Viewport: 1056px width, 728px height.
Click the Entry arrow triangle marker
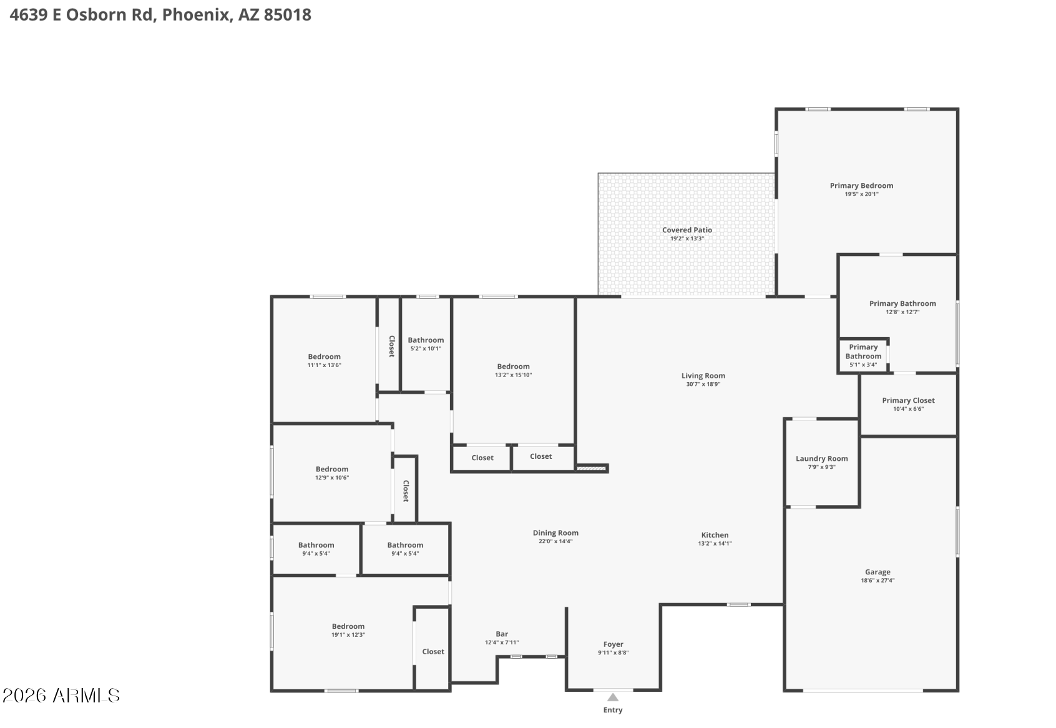(x=613, y=697)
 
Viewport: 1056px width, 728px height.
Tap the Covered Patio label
(x=687, y=230)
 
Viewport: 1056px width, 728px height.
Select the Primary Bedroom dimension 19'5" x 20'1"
(x=861, y=194)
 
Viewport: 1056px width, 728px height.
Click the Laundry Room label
(x=821, y=458)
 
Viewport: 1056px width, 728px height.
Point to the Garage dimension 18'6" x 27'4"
(x=878, y=581)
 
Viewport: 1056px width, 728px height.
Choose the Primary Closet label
(x=908, y=400)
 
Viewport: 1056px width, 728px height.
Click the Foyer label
(x=613, y=644)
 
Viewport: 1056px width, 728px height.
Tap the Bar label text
(x=502, y=634)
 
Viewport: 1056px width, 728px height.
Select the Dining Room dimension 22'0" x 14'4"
(x=555, y=541)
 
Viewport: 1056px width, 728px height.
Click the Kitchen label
(x=715, y=535)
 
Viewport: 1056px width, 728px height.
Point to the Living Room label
(x=703, y=376)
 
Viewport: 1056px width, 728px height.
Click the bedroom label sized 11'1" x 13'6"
(x=324, y=357)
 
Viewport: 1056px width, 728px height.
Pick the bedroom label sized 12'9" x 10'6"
(x=331, y=469)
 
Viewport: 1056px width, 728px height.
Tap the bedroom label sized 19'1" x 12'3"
(x=348, y=626)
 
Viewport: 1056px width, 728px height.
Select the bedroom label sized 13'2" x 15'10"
(x=513, y=366)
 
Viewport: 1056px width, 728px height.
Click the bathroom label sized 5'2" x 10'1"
(x=426, y=340)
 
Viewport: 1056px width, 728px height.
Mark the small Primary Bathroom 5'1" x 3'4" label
(x=863, y=352)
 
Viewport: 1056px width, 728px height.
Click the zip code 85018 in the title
(x=287, y=15)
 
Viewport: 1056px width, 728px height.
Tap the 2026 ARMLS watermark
(x=61, y=696)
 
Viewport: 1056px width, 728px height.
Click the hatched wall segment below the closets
(x=591, y=468)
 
